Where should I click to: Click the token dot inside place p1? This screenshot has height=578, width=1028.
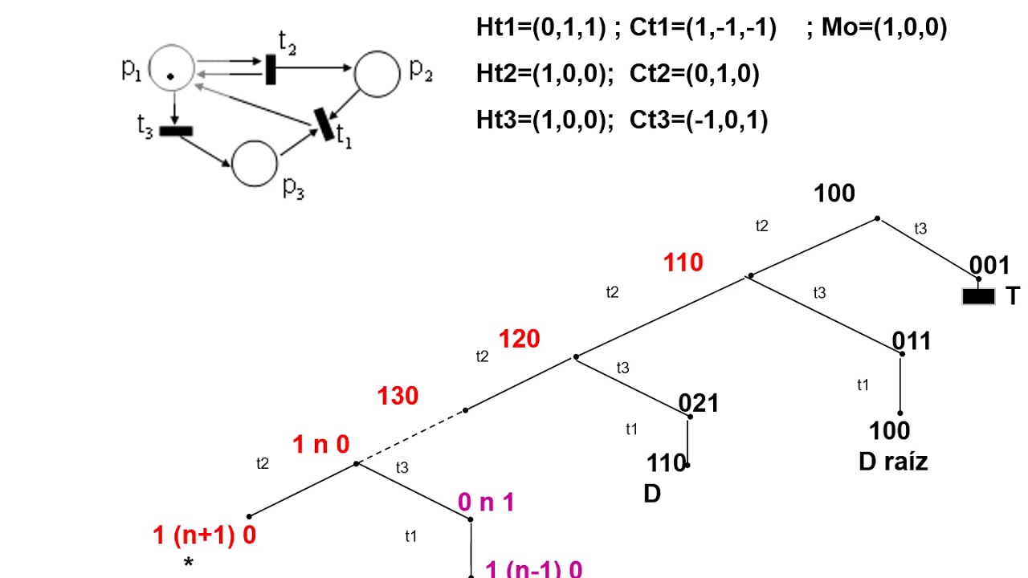pyautogui.click(x=171, y=76)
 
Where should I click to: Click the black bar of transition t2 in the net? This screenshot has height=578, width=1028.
pyautogui.click(x=271, y=70)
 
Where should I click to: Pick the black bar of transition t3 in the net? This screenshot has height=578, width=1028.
pyautogui.click(x=176, y=131)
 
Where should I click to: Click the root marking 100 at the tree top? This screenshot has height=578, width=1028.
pyautogui.click(x=834, y=193)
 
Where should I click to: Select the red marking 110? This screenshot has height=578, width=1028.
pyautogui.click(x=683, y=263)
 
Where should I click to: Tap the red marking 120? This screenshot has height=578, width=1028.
pyautogui.click(x=519, y=340)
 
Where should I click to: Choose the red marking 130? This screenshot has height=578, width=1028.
pyautogui.click(x=398, y=396)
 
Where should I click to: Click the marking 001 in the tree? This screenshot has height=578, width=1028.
pyautogui.click(x=989, y=266)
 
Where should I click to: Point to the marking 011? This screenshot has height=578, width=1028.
pyautogui.click(x=912, y=341)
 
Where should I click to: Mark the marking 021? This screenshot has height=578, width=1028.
pyautogui.click(x=699, y=403)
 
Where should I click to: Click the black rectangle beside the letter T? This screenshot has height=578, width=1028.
pyautogui.click(x=979, y=297)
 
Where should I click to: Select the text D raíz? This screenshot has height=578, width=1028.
pyautogui.click(x=893, y=462)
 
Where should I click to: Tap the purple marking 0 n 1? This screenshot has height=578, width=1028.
pyautogui.click(x=486, y=503)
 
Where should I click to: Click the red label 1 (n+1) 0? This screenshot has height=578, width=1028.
pyautogui.click(x=205, y=535)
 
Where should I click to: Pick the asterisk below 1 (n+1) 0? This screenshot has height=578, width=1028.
pyautogui.click(x=189, y=564)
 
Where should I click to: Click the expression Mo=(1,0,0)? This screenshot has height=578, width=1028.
pyautogui.click(x=884, y=29)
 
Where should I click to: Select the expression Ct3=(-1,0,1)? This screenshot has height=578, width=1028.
pyautogui.click(x=699, y=120)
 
